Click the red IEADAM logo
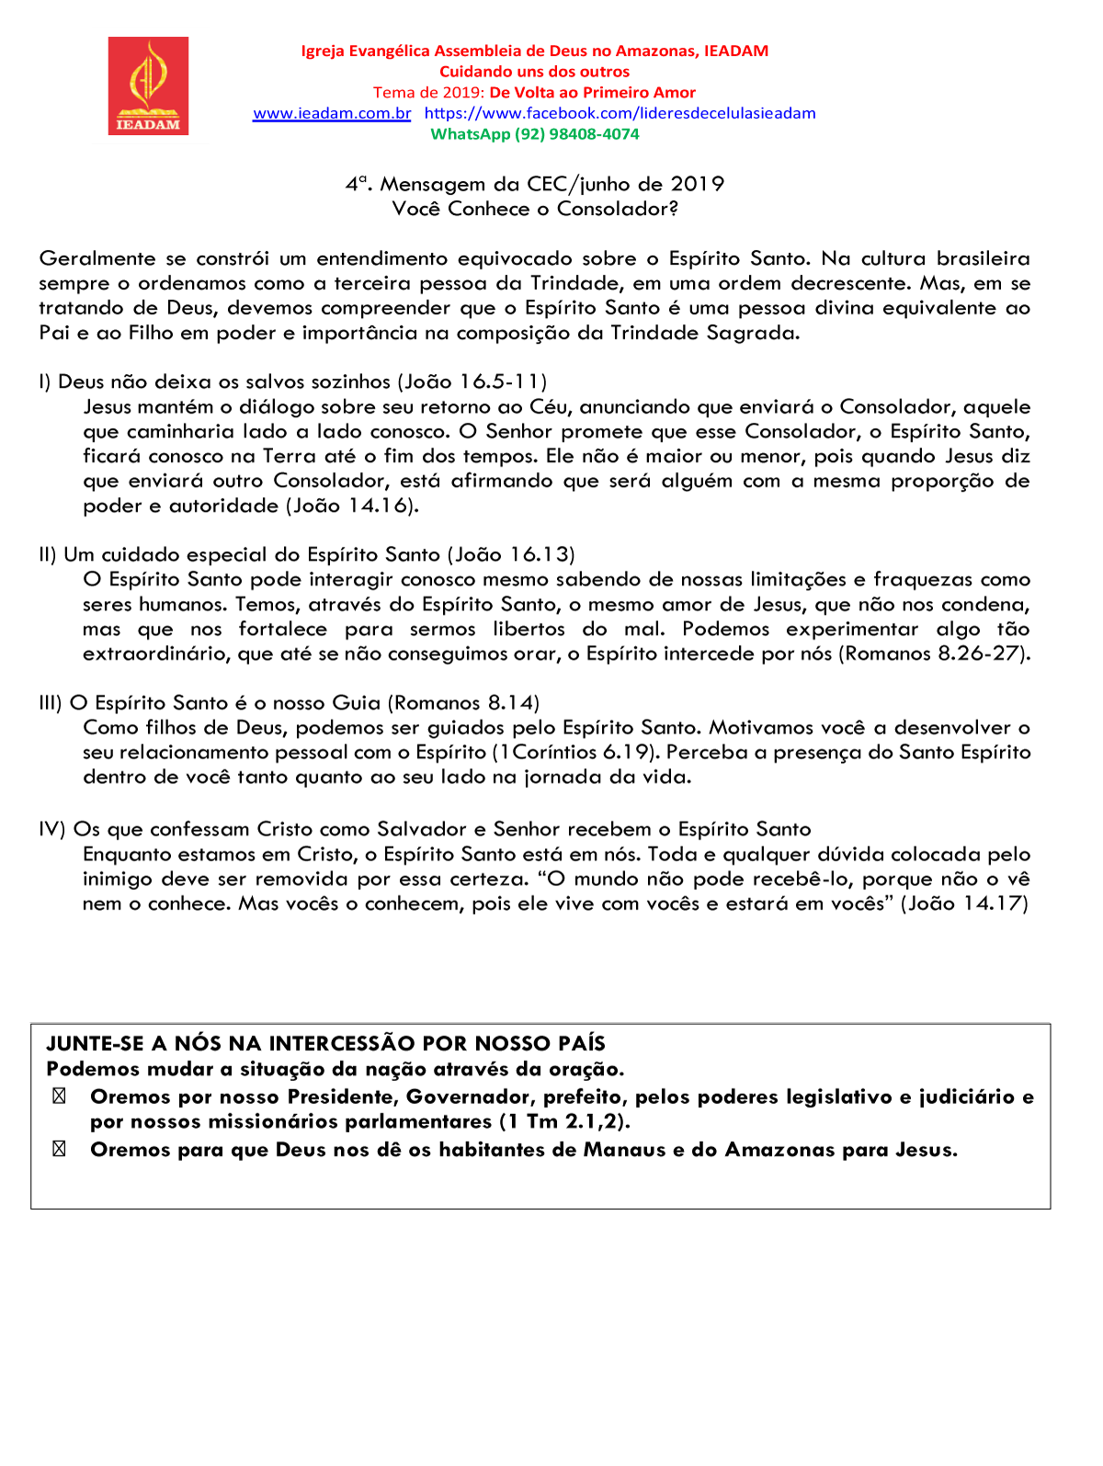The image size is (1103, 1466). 148,85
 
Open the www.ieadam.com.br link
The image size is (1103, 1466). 332,113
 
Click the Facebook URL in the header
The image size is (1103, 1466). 620,113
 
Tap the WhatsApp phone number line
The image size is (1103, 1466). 535,134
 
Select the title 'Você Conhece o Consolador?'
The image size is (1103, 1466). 535,209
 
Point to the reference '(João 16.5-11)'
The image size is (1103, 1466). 472,381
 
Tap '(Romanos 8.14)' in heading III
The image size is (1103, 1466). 463,703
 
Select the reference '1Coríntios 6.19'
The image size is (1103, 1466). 573,753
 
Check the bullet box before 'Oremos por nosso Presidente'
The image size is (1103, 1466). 59,1097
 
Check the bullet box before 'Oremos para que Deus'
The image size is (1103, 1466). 59,1150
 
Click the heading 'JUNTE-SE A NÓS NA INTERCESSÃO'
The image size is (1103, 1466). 325,1043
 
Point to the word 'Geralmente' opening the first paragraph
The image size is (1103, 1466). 97,259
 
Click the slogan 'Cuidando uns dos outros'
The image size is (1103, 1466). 534,72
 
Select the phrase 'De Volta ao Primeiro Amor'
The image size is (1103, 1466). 592,92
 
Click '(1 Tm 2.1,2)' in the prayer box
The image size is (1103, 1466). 564,1122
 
